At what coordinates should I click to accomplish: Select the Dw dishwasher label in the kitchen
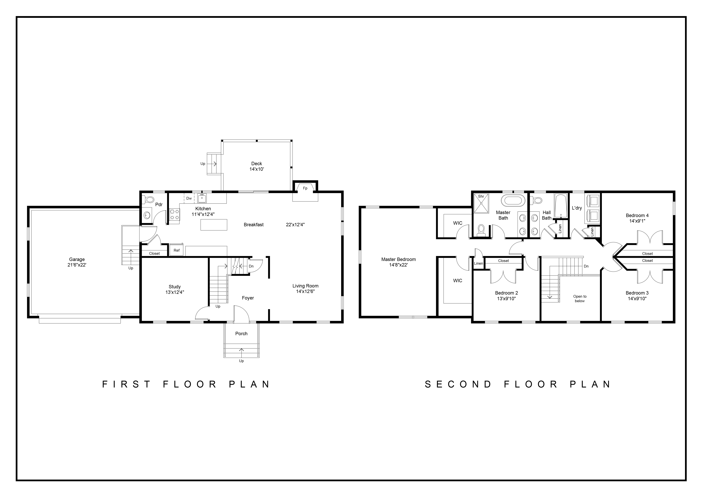click(189, 198)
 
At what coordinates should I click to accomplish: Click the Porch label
click(241, 334)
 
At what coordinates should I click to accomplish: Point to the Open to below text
click(580, 299)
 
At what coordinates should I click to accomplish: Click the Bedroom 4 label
click(637, 215)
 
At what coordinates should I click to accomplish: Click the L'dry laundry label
click(577, 208)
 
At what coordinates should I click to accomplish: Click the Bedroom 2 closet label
click(503, 261)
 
